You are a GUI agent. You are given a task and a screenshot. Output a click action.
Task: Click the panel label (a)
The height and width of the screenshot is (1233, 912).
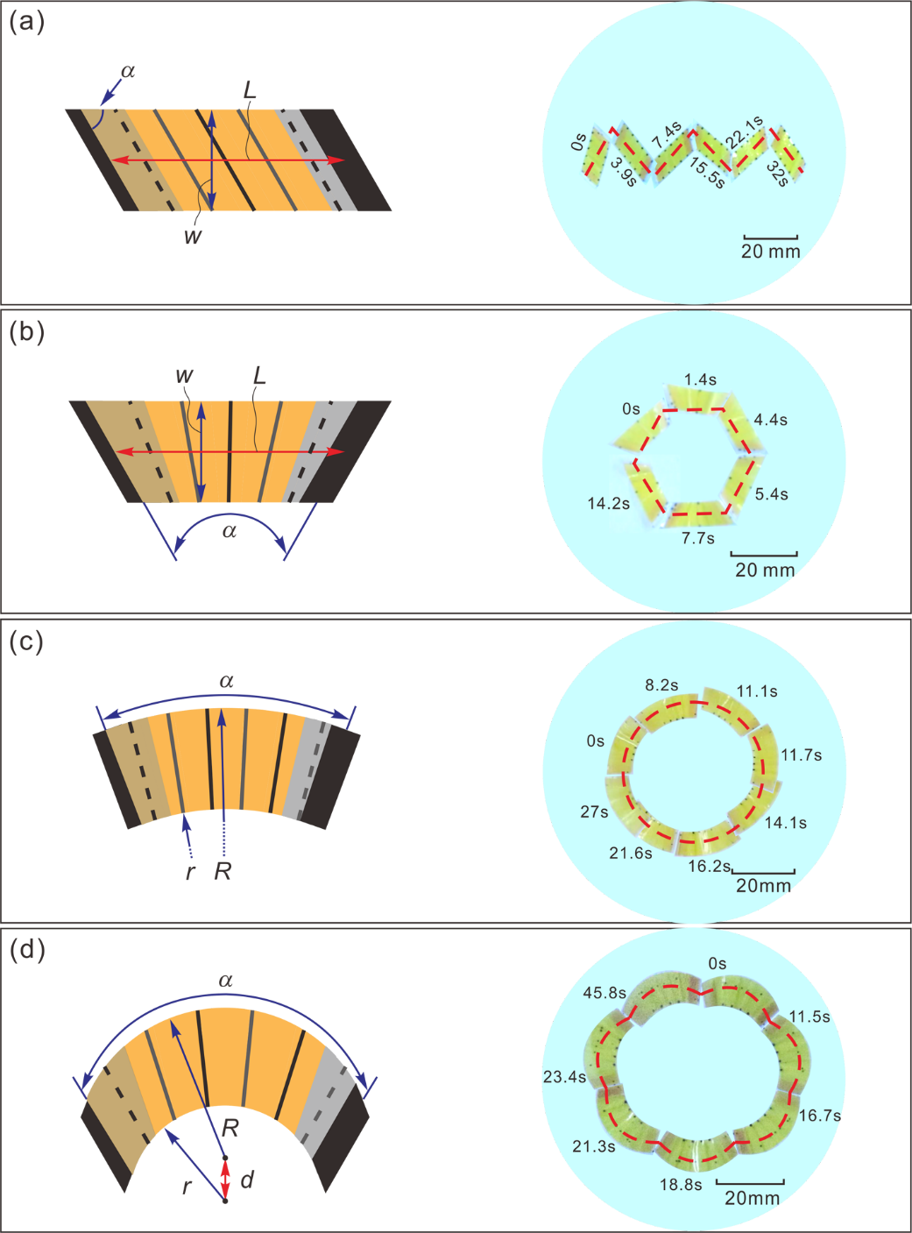point(26,22)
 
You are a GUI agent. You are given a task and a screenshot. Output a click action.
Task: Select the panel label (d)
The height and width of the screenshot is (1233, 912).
point(26,949)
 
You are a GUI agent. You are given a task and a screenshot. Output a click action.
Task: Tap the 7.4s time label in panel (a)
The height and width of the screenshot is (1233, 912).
point(667,135)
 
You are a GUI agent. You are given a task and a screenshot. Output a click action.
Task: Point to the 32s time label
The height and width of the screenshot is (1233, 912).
point(778,173)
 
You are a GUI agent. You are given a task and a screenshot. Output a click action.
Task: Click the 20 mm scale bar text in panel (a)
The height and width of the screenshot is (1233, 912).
point(770,252)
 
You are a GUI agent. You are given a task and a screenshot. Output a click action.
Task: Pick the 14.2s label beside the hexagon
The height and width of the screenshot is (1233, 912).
point(609,503)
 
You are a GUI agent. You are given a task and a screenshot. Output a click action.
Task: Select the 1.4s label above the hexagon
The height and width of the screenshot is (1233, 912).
point(700,379)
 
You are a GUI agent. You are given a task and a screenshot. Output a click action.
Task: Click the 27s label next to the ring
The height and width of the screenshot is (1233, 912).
point(594,811)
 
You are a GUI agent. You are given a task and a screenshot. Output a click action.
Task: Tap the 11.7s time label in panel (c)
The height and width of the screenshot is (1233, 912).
point(801,755)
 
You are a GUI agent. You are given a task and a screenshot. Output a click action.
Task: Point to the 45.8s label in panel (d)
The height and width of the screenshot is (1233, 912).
point(604,993)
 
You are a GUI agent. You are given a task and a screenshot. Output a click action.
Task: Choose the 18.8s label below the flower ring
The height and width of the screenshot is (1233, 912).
point(681,1185)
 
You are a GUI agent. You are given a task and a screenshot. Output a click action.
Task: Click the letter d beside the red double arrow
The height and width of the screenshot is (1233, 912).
point(247,1180)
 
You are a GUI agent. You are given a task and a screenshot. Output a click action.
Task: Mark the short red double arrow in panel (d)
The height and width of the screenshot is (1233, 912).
point(225,1179)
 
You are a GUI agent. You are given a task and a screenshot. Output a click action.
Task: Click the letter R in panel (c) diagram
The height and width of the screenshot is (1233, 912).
point(223,871)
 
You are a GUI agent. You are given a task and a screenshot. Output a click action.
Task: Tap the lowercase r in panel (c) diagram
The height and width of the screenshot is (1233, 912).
point(190,872)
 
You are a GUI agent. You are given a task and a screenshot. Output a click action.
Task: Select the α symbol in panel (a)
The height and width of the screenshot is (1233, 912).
point(128,70)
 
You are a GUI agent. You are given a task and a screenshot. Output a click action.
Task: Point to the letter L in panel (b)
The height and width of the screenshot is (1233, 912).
point(259,376)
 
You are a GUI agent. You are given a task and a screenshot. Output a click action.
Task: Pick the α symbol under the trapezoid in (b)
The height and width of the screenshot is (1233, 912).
point(230,531)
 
